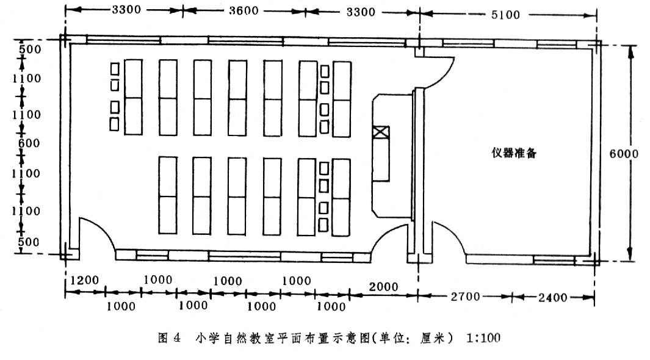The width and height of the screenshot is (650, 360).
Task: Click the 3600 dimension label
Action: pos(243,11)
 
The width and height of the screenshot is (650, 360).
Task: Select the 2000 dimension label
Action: pos(383,287)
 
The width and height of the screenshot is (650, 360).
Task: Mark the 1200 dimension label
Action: pos(84,281)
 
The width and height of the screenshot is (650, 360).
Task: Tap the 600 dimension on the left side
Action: pos(29,144)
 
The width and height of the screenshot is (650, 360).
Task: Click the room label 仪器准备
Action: pos(514,153)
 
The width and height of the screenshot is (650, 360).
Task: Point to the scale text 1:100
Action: pos(483,337)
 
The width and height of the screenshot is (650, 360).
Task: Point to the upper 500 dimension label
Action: pos(29,48)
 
